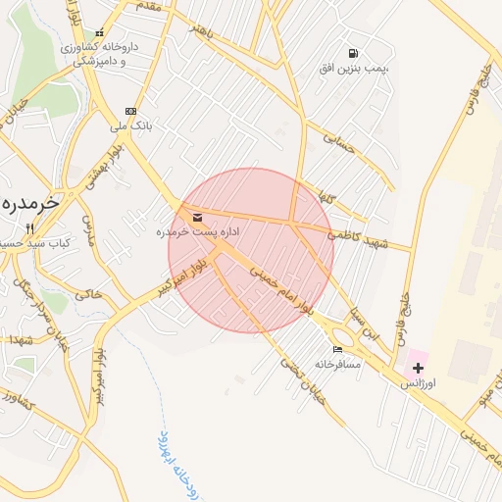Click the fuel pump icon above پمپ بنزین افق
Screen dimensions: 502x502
(352, 53)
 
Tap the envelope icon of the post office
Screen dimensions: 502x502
(198, 217)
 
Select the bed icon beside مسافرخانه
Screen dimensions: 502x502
(338, 349)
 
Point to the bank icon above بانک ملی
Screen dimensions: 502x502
(130, 111)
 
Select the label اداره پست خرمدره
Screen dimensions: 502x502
(197, 232)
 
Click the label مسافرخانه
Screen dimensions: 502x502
(338, 364)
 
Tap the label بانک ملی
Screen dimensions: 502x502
(130, 125)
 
